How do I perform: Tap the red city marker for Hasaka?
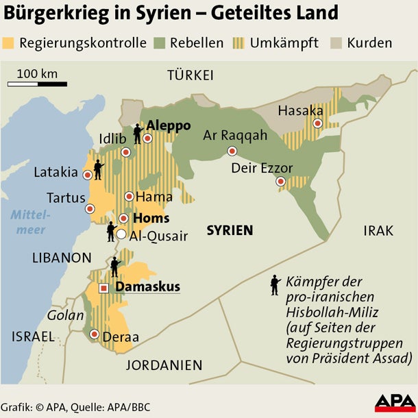pyautogui.click(x=318, y=123)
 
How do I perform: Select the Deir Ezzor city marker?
pyautogui.click(x=281, y=182)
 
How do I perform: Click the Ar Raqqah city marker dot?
pyautogui.click(x=232, y=151)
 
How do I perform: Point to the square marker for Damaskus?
pyautogui.click(x=103, y=288)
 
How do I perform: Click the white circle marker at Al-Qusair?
pyautogui.click(x=121, y=234)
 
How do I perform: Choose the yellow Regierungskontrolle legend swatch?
pyautogui.click(x=10, y=43)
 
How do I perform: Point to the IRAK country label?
pyautogui.click(x=378, y=231)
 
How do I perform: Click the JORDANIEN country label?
pyautogui.click(x=164, y=365)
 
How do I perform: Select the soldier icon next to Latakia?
pyautogui.click(x=98, y=167)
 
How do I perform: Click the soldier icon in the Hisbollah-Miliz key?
pyautogui.click(x=275, y=285)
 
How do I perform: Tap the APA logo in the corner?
pyautogui.click(x=393, y=403)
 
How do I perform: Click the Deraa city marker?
pyautogui.click(x=94, y=334)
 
